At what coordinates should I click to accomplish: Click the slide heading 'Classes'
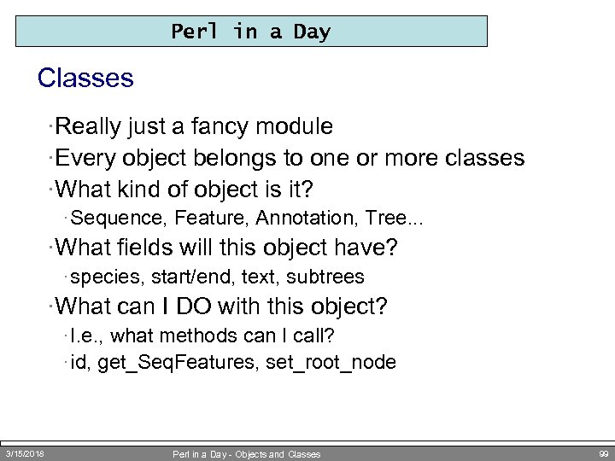[x=85, y=79]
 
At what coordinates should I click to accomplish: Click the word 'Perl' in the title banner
[x=196, y=32]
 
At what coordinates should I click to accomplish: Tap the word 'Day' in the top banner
[x=311, y=32]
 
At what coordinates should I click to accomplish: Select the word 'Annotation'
[x=291, y=219]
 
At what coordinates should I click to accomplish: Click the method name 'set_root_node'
[x=331, y=363]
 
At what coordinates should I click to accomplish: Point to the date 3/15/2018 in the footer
[x=25, y=453]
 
